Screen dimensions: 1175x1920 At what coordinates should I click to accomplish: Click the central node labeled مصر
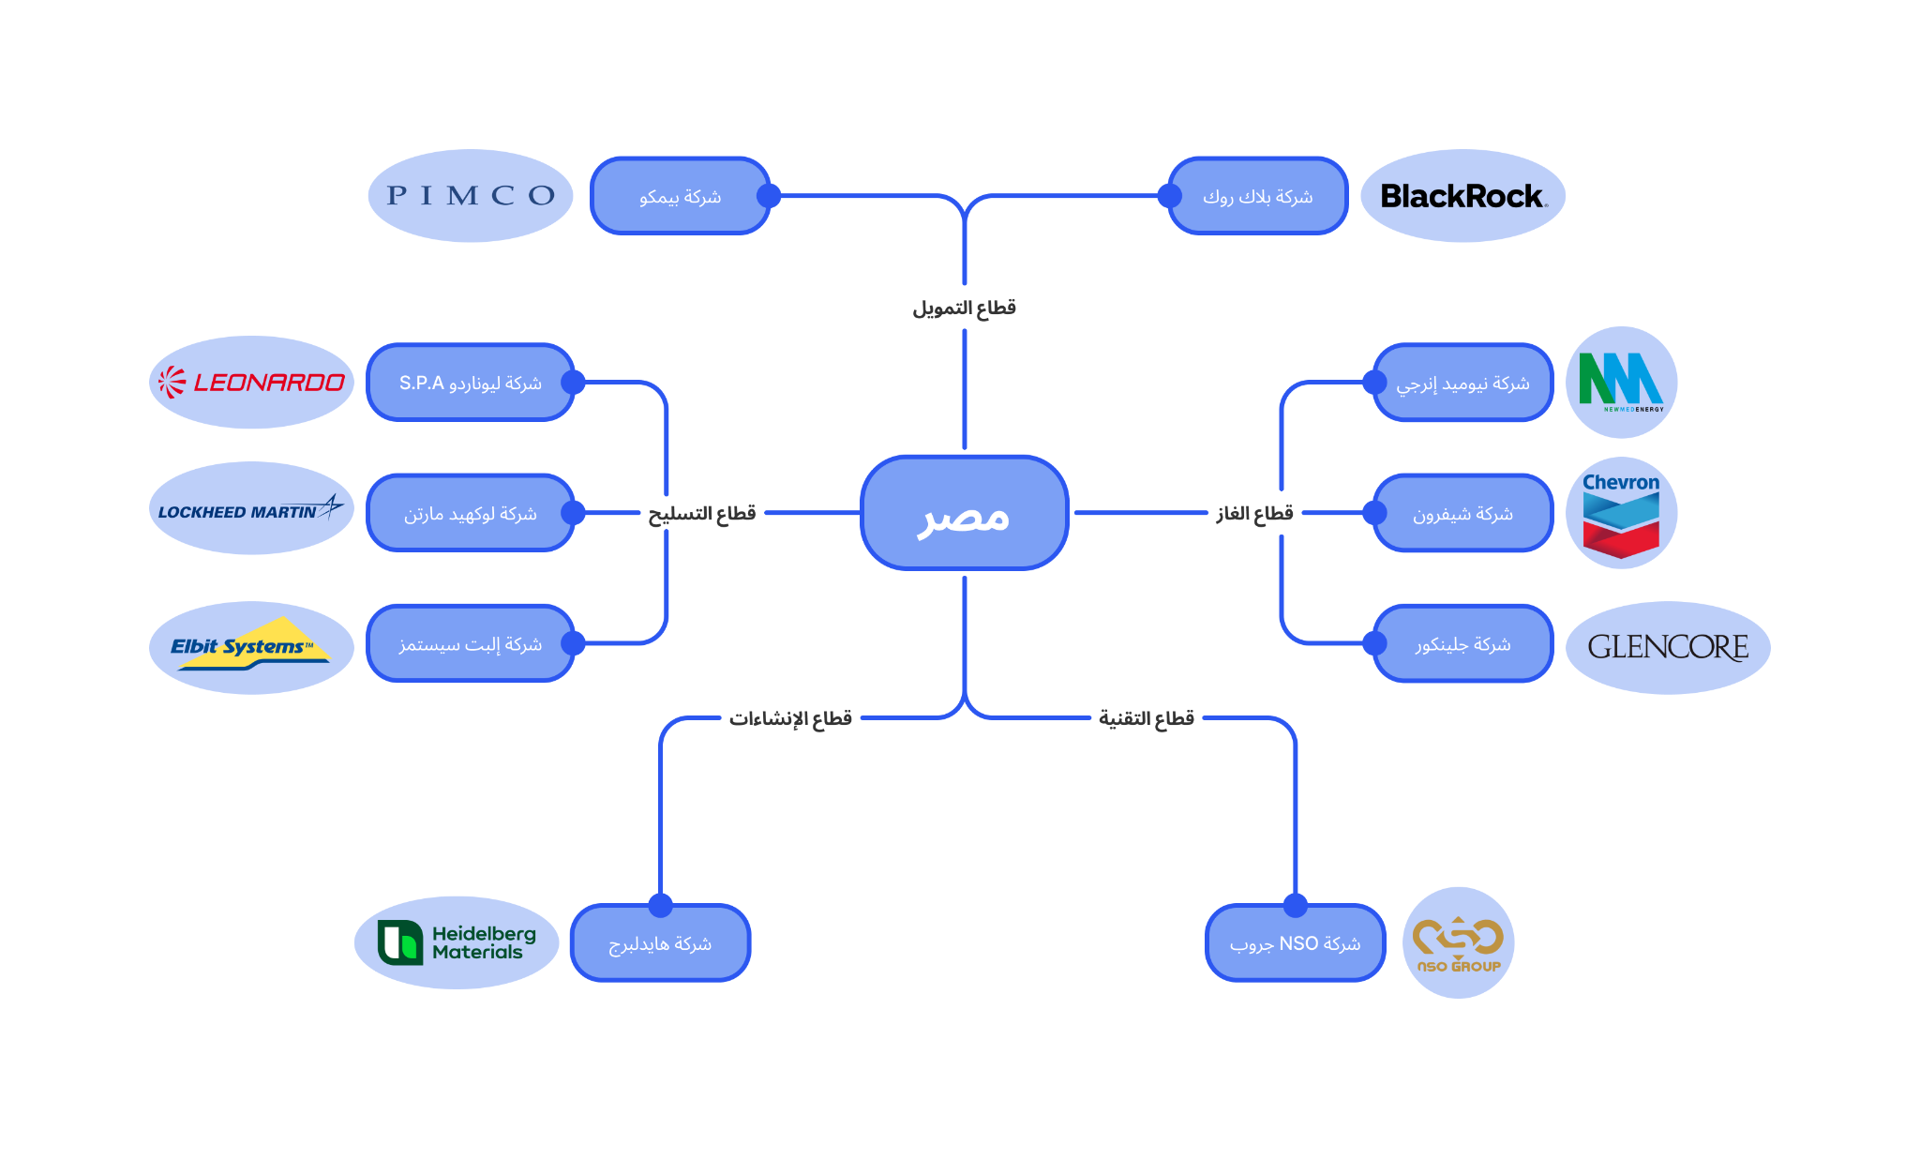point(964,513)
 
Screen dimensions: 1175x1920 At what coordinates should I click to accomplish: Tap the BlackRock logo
point(1462,196)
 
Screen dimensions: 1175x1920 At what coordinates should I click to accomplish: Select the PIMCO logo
point(471,196)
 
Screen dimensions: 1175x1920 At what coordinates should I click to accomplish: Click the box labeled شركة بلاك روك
point(1258,196)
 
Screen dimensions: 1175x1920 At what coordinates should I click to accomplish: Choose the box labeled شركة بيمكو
point(681,196)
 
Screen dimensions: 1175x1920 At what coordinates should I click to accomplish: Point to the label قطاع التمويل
point(964,308)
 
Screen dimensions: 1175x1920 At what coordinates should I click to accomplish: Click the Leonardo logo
point(251,383)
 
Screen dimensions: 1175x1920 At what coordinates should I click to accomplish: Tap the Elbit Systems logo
point(251,647)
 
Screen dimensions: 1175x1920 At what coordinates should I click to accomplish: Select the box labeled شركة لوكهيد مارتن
point(471,513)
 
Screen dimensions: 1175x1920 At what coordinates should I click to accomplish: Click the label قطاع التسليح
point(702,513)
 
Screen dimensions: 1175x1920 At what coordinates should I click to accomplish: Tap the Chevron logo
point(1621,513)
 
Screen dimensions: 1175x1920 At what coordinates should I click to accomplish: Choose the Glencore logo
point(1668,647)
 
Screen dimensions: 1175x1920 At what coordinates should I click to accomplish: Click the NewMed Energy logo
point(1621,383)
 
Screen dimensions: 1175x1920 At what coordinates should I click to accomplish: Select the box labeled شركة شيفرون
point(1462,513)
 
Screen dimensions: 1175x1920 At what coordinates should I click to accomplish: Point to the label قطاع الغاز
point(1254,513)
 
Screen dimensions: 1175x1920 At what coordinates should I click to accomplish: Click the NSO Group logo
point(1458,942)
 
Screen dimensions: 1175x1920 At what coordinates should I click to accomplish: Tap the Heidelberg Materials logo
point(457,942)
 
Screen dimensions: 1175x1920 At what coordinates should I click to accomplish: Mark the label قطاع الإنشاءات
point(790,718)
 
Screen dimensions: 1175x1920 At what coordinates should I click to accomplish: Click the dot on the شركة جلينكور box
point(1374,643)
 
